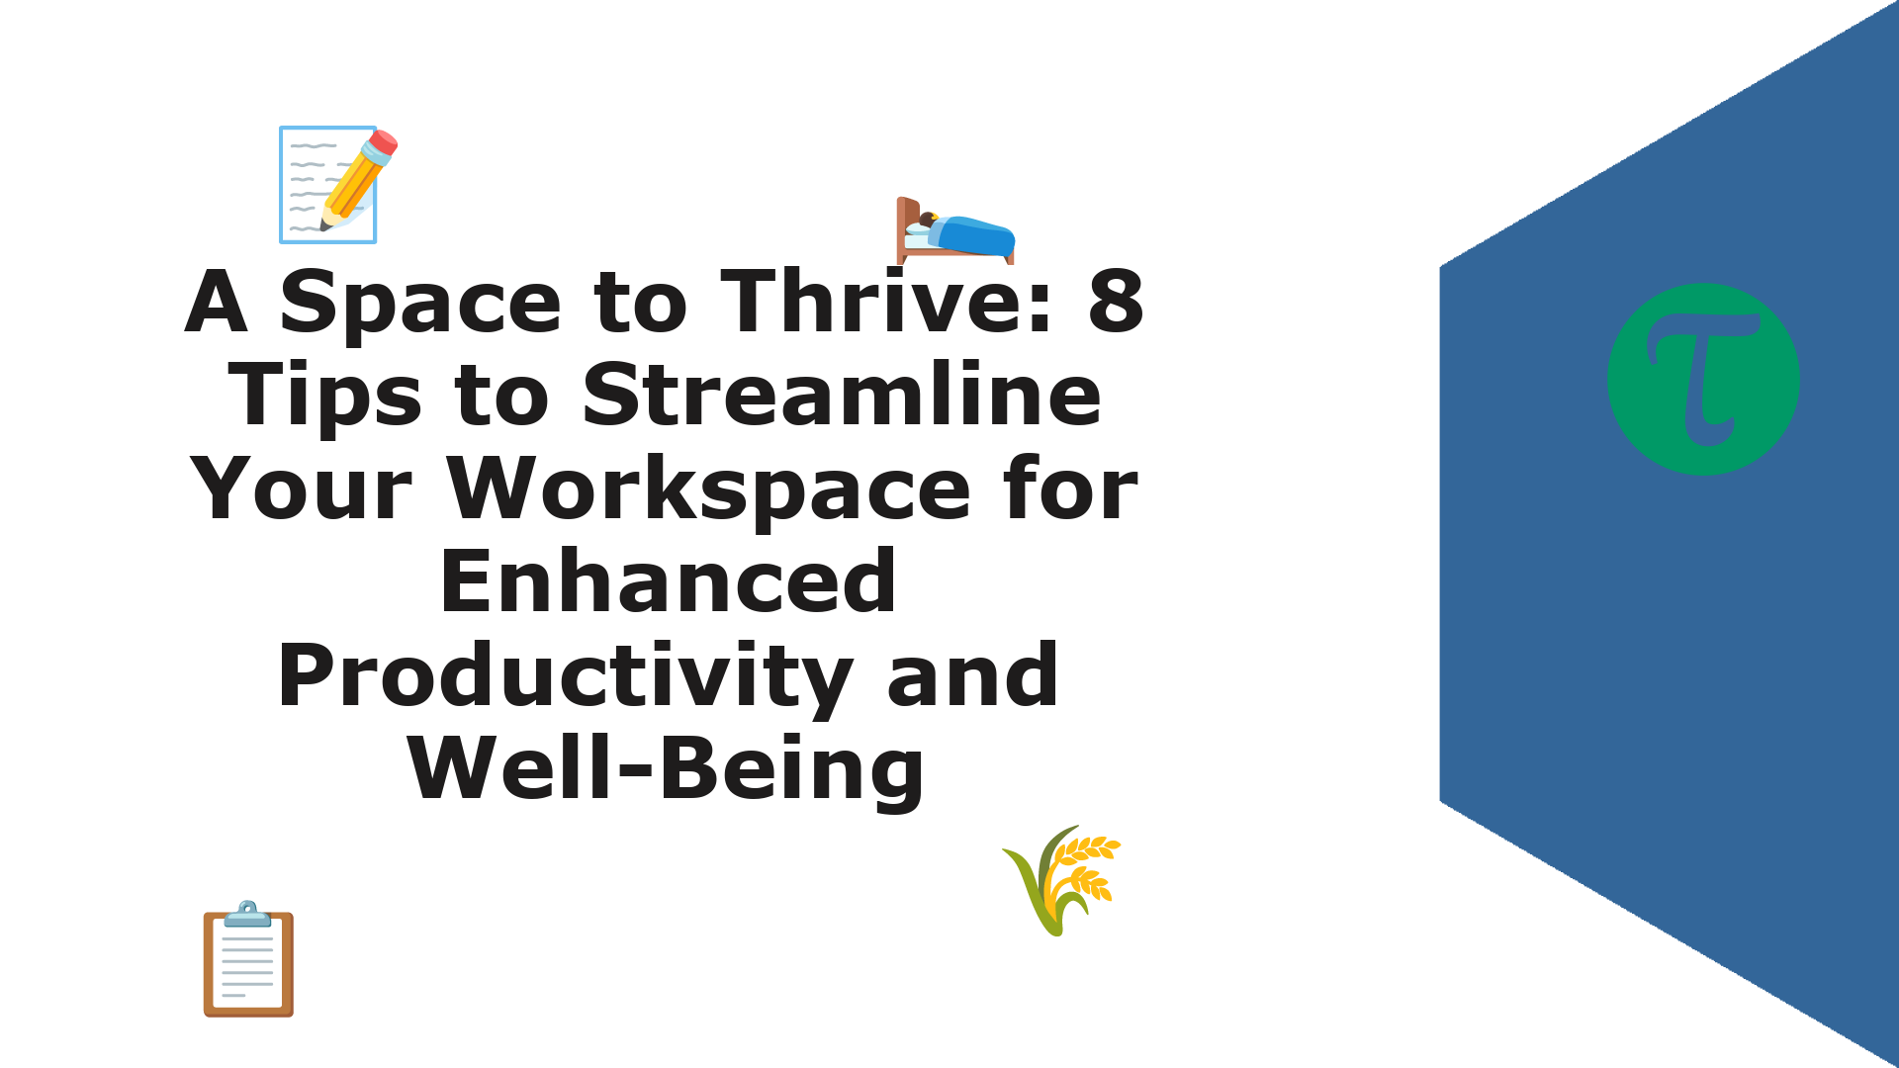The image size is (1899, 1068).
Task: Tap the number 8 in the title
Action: (x=1116, y=302)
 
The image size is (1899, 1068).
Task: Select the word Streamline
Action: (x=842, y=395)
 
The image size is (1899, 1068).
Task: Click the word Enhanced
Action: (x=669, y=581)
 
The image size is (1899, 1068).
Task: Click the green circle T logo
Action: (x=1703, y=379)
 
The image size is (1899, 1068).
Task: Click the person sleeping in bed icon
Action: (x=955, y=230)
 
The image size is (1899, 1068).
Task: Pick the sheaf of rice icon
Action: (x=1061, y=880)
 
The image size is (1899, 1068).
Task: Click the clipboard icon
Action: (x=248, y=958)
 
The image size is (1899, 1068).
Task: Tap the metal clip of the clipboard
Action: (x=247, y=914)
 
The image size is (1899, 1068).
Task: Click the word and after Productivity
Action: (x=972, y=675)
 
